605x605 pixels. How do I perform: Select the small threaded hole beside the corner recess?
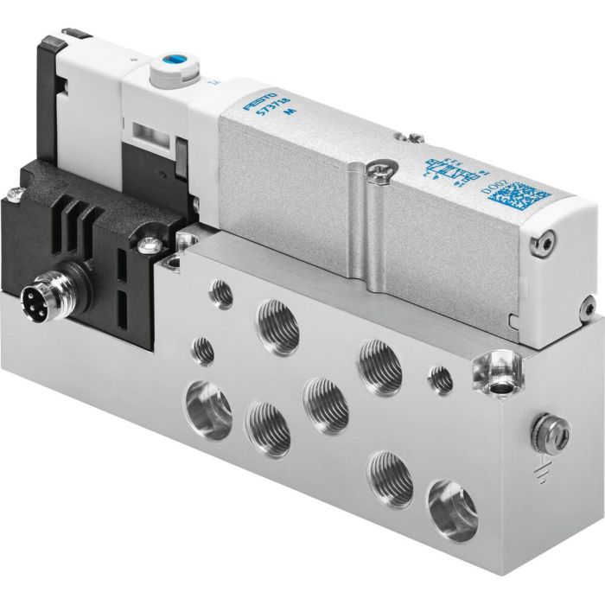441,379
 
